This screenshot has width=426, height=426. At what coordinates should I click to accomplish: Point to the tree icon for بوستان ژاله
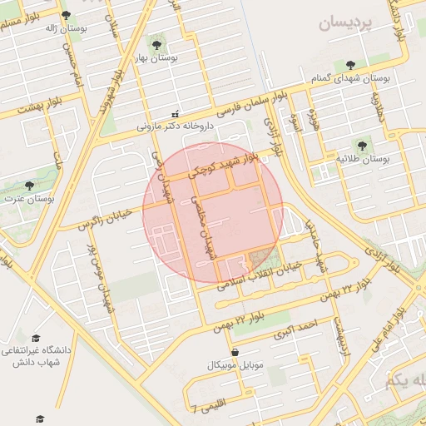pyautogui.click(x=66, y=14)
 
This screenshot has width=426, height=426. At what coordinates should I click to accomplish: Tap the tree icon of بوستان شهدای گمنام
pyautogui.click(x=349, y=63)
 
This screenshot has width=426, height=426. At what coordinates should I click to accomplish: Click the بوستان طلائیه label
pyautogui.click(x=364, y=157)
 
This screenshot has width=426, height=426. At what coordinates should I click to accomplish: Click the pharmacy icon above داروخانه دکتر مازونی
pyautogui.click(x=175, y=114)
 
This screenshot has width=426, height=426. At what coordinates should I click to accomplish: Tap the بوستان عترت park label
pyautogui.click(x=29, y=199)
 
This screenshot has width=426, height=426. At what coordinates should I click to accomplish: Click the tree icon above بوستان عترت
pyautogui.click(x=29, y=185)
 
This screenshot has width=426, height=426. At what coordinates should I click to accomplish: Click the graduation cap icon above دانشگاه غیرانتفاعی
pyautogui.click(x=36, y=338)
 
